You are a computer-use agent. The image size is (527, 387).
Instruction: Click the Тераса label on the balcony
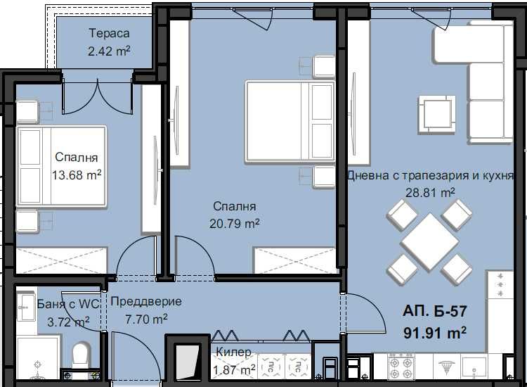109,34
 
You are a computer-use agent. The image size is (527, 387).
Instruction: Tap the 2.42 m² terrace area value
109,51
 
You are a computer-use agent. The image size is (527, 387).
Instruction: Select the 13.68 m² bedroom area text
77,175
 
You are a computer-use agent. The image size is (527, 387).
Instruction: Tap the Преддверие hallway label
145,302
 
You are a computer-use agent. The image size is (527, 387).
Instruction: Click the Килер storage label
233,351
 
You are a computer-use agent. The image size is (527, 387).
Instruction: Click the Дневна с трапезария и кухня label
430,175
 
